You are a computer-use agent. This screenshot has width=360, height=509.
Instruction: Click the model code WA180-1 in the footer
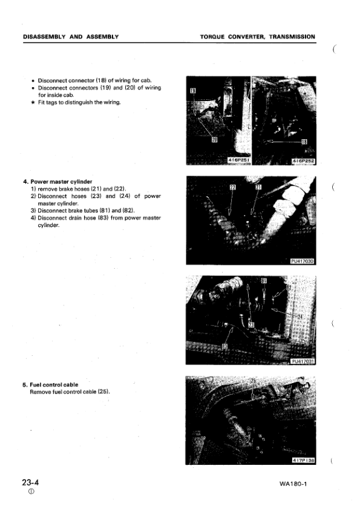[x=298, y=485]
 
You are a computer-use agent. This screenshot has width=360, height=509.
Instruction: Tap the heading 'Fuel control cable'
[x=54, y=385]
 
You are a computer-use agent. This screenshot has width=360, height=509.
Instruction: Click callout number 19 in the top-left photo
[x=193, y=91]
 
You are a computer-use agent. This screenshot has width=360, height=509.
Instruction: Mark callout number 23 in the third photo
[x=251, y=324]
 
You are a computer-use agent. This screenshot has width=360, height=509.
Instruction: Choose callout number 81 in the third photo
[x=264, y=281]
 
